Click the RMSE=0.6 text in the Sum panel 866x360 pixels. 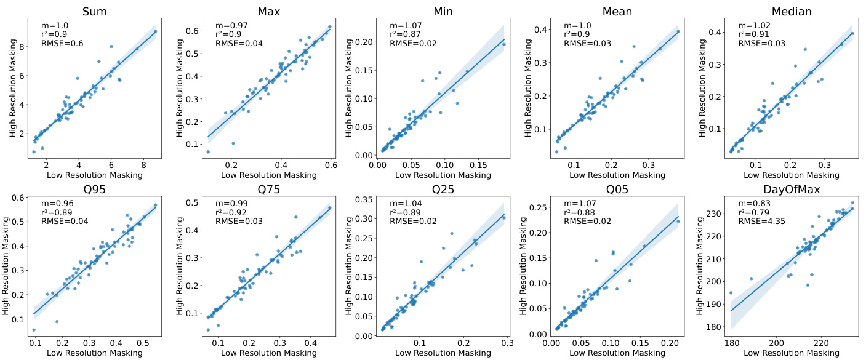click(62, 43)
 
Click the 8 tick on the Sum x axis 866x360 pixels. click(143, 165)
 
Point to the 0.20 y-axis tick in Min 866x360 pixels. click(363, 42)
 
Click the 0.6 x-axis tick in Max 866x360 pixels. click(331, 165)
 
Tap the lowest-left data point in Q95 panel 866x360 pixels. click(34, 330)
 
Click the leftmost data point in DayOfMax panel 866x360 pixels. click(731, 293)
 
